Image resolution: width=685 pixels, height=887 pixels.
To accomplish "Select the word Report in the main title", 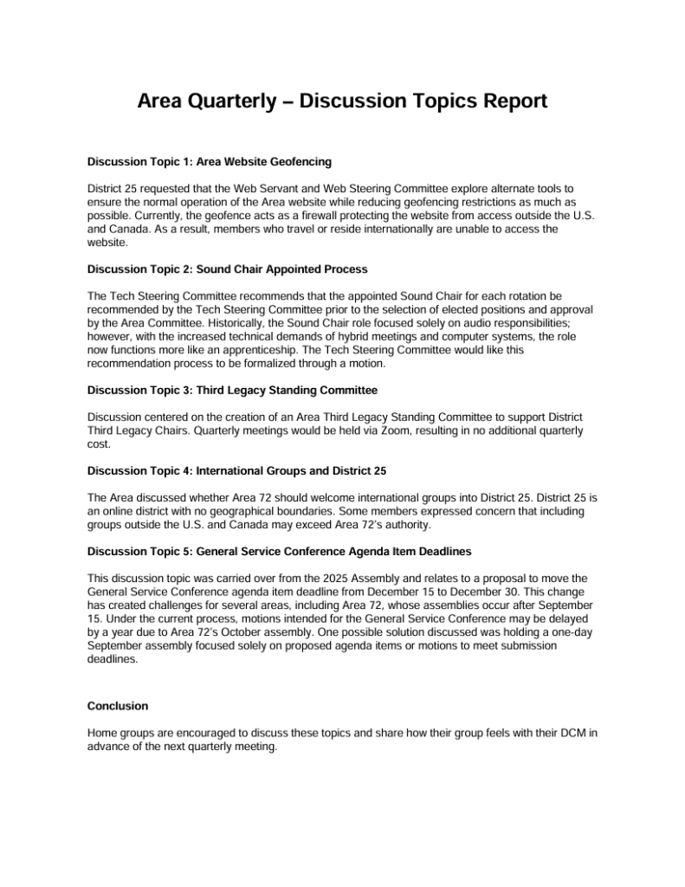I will coord(511,101).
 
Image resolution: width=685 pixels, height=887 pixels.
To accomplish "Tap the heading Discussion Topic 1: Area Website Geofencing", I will coord(210,161).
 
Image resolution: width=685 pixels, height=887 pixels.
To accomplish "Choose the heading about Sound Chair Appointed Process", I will coord(227,269).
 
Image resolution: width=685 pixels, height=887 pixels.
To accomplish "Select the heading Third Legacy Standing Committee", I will coord(232,390).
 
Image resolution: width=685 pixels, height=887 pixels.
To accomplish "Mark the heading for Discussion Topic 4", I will coord(236,470).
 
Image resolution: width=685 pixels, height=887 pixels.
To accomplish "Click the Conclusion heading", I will coord(118,705).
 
